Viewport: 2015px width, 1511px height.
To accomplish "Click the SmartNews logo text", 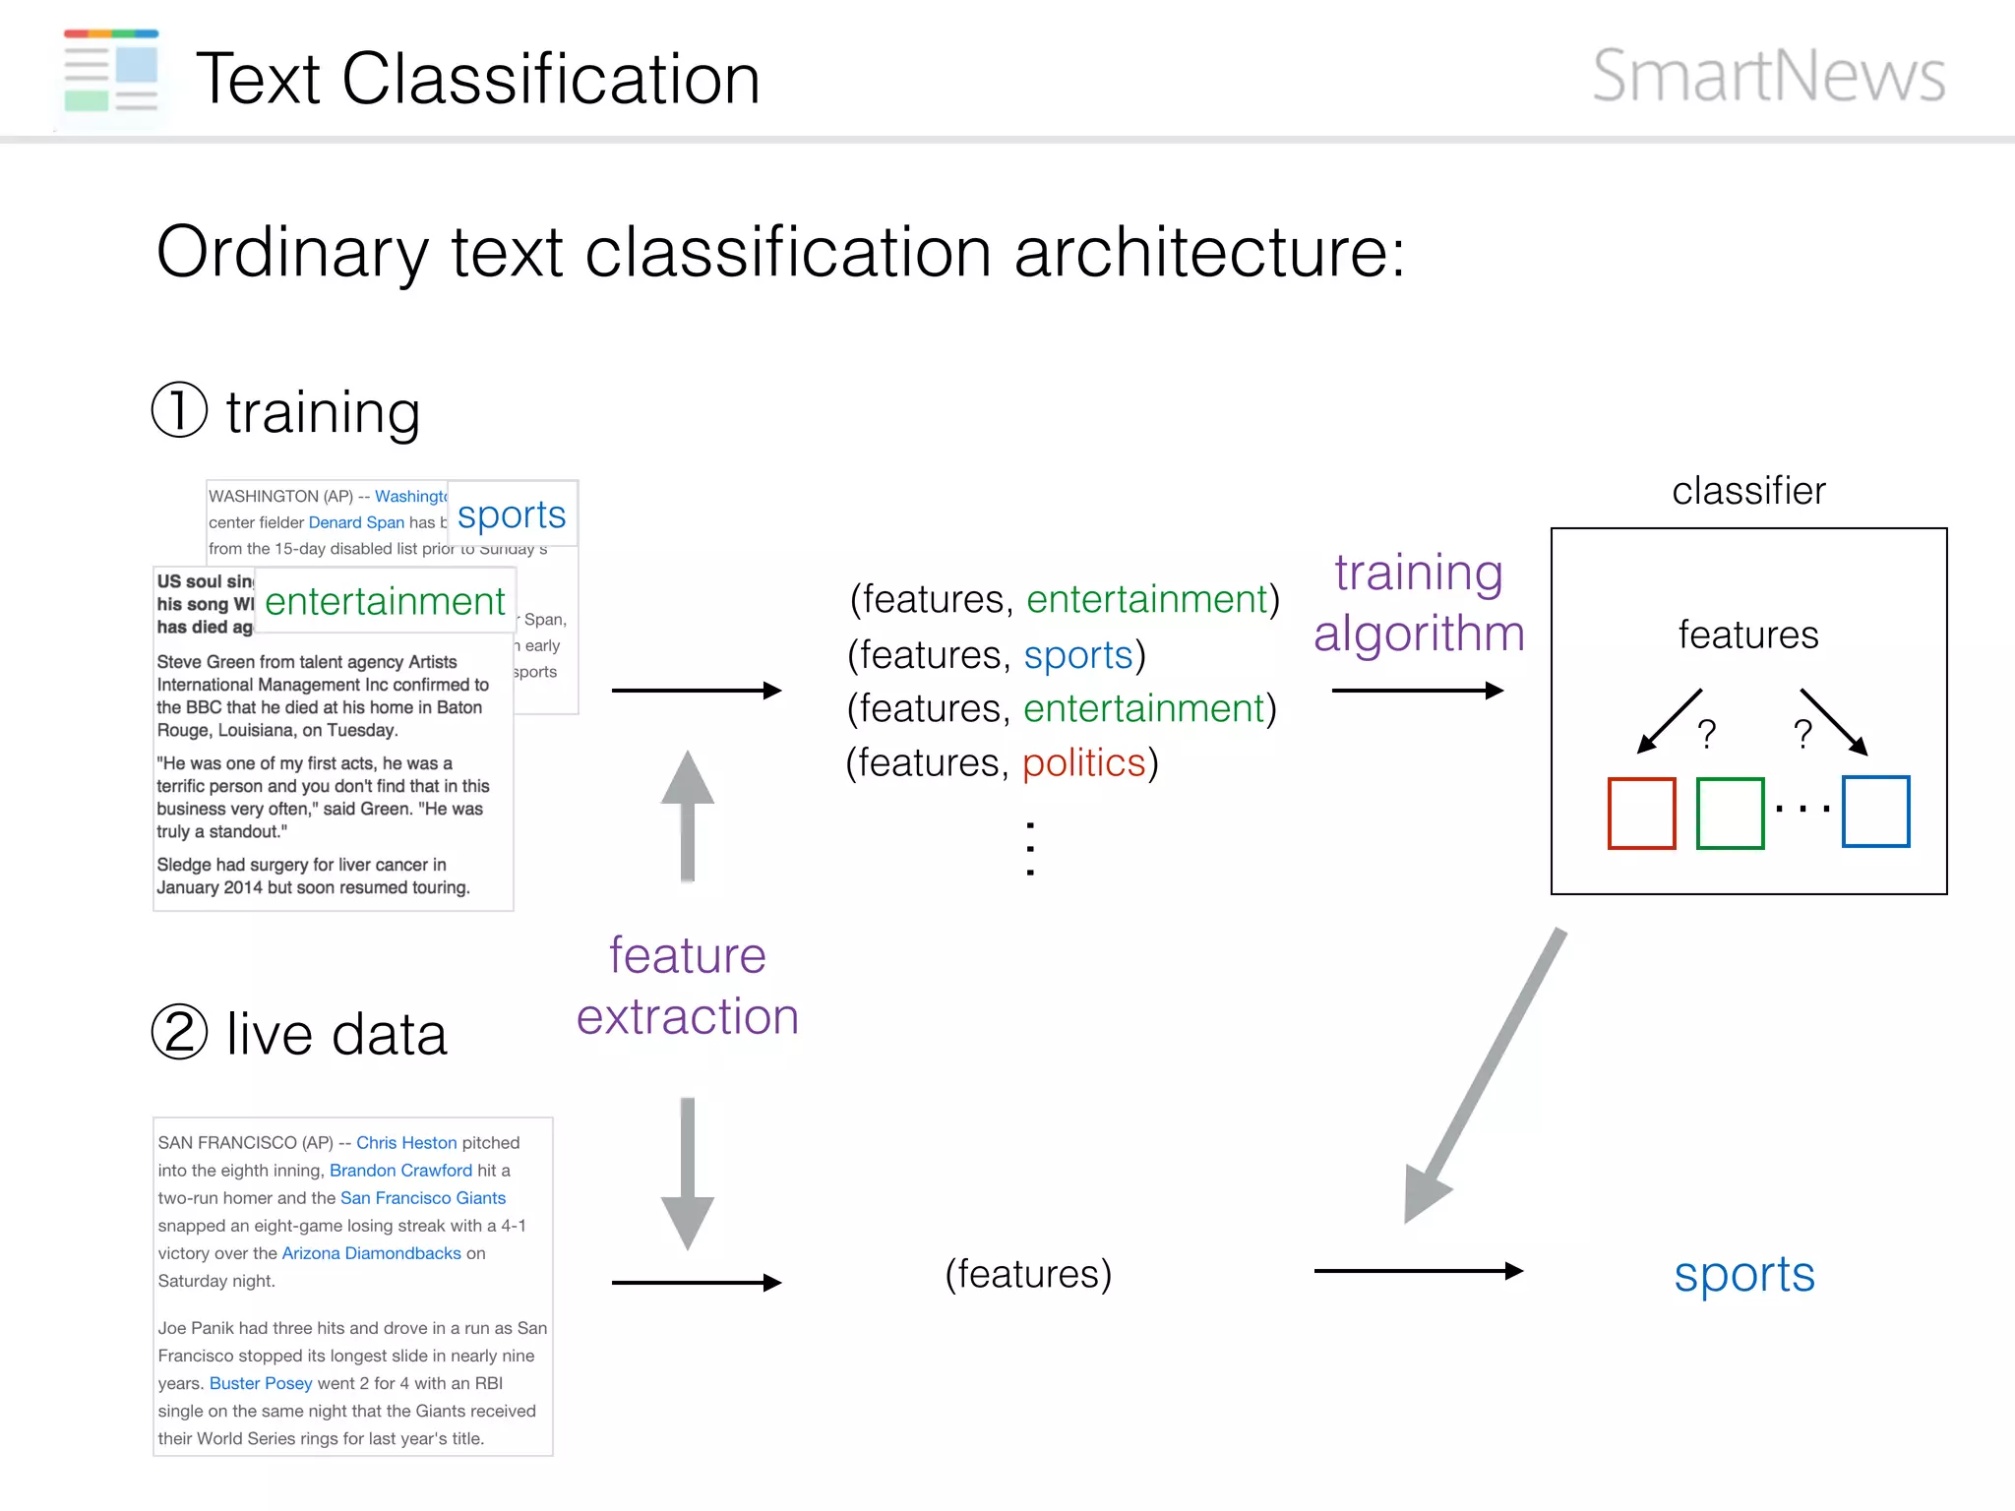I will pyautogui.click(x=1768, y=76).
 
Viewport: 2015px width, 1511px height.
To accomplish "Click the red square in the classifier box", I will pyautogui.click(x=1641, y=813).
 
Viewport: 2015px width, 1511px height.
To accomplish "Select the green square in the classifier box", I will pyautogui.click(x=1730, y=813).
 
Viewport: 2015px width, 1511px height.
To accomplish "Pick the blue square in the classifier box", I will pyautogui.click(x=1875, y=812).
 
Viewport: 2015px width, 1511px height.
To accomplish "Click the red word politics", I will pyautogui.click(x=1084, y=763).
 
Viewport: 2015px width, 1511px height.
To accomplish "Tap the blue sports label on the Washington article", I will pyautogui.click(x=512, y=514).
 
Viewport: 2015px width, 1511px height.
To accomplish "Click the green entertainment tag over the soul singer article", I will pyautogui.click(x=385, y=601).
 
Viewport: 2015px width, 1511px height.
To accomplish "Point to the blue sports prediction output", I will pyautogui.click(x=1743, y=1275).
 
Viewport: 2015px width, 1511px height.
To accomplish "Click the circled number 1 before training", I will pyautogui.click(x=180, y=410).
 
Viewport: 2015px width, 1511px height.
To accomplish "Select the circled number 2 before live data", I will pyautogui.click(x=180, y=1032).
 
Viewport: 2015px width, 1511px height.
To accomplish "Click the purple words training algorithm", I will pyautogui.click(x=1419, y=602).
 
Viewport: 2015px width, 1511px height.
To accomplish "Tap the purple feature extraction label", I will pyautogui.click(x=687, y=986).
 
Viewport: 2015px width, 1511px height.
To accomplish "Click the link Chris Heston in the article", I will pyautogui.click(x=406, y=1142).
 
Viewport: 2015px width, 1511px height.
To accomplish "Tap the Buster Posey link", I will pyautogui.click(x=261, y=1383).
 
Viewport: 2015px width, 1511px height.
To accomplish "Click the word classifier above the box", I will pyautogui.click(x=1748, y=490).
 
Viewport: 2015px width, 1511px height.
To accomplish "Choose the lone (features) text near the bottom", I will pyautogui.click(x=1028, y=1274).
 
